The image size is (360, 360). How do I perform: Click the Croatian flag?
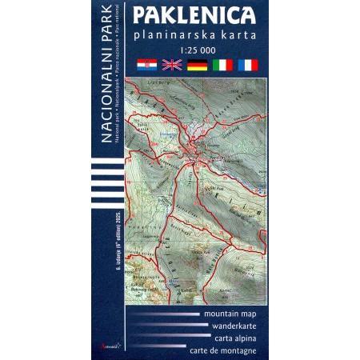pos(147,65)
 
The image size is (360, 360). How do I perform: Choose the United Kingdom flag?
pos(172,65)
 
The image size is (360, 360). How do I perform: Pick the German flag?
pos(197,65)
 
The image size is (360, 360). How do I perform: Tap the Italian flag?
pos(222,65)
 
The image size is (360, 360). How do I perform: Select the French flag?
pos(247,65)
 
